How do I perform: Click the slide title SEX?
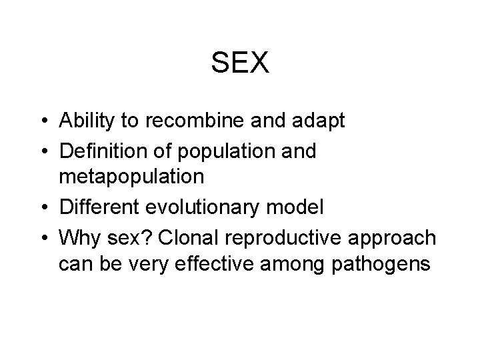[240, 63]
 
